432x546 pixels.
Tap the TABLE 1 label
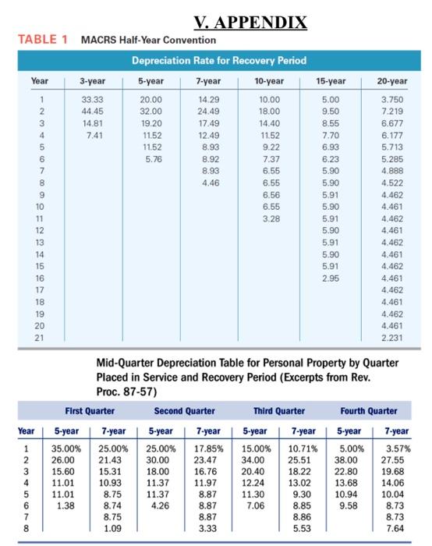coord(36,40)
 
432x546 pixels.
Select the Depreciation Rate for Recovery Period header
coord(218,60)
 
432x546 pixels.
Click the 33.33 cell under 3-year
coord(93,100)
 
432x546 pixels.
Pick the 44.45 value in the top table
coord(93,111)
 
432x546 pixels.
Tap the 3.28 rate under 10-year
coord(267,220)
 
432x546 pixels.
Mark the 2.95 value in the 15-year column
coord(330,276)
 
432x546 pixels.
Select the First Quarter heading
coord(90,410)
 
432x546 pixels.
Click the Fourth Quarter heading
coord(368,410)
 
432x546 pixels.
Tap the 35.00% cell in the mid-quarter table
coord(66,448)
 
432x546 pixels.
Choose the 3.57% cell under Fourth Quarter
coord(394,448)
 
